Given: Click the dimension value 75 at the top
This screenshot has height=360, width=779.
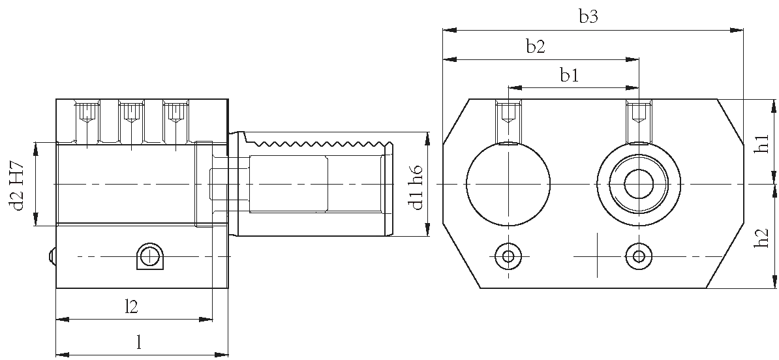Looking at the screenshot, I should point(587,16).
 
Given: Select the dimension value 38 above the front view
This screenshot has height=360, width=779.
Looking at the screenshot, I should point(536,49).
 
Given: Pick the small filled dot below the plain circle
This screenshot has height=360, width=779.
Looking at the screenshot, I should point(509,258).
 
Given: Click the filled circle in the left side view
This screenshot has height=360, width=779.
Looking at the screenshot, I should point(151,256).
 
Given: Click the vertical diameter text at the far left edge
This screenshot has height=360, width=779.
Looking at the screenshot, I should point(15,185).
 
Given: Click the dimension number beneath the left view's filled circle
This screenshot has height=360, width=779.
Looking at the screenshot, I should point(133,305).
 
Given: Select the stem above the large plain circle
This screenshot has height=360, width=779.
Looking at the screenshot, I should point(508,117).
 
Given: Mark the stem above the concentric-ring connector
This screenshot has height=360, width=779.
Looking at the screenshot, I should point(639,117).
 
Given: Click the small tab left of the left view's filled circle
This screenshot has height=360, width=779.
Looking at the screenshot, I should point(50,256).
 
